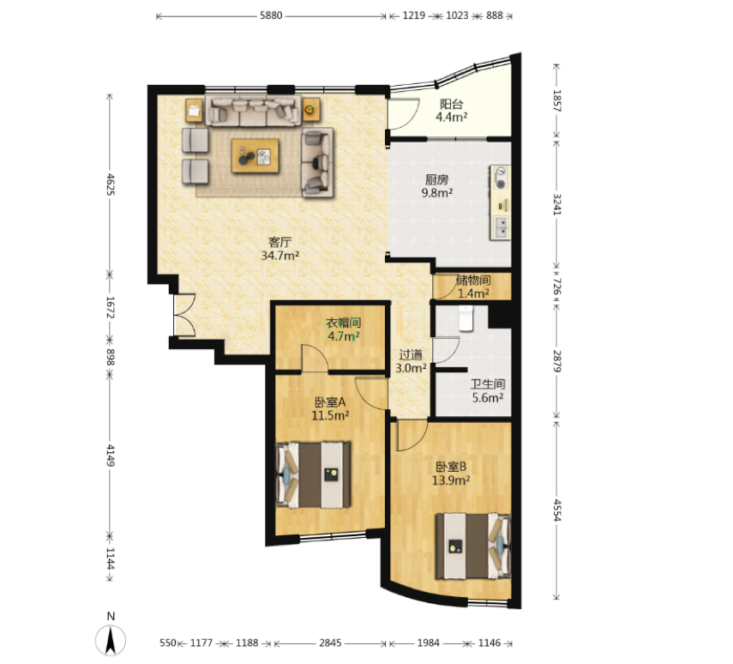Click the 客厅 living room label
click(280, 242)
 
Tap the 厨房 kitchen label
click(437, 179)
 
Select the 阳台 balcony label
click(451, 104)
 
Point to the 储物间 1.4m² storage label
click(473, 287)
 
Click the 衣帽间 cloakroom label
click(344, 323)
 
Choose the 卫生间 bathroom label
click(488, 384)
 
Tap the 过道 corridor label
click(411, 355)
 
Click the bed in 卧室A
click(313, 475)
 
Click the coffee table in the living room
click(255, 156)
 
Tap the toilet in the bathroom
click(466, 318)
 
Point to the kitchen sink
click(501, 227)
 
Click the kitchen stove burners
click(501, 178)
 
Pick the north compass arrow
click(111, 639)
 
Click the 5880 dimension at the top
click(271, 15)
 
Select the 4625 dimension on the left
click(111, 184)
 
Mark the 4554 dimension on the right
click(557, 510)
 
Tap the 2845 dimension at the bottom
click(330, 643)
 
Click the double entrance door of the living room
click(184, 315)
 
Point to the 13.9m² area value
click(451, 480)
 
